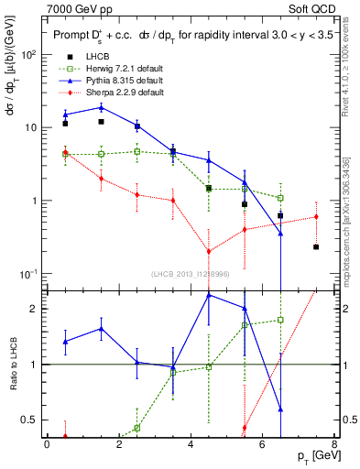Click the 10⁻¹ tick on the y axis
coord(29,274)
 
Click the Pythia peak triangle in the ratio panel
coord(209,295)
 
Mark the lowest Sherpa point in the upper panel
coord(209,251)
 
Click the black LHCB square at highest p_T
coord(316,247)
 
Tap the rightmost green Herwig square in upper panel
coord(280,198)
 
